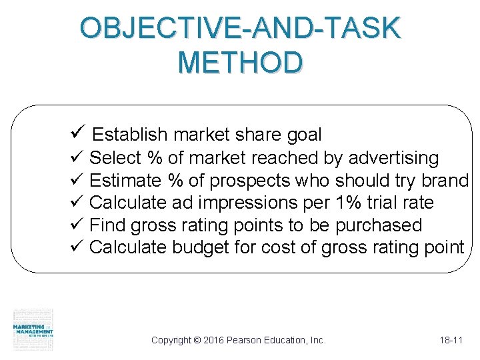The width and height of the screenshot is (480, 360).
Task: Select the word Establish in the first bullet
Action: point(131,135)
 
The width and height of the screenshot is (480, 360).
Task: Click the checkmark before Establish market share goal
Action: point(75,134)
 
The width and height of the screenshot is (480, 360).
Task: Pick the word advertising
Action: point(393,159)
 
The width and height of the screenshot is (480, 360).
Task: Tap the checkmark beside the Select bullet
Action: point(75,158)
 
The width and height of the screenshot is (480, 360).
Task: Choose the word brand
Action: point(445,181)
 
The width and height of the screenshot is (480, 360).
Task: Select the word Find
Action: point(107,225)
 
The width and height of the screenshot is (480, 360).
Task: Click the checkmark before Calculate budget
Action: point(75,247)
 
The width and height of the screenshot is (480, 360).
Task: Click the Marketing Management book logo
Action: point(33,329)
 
